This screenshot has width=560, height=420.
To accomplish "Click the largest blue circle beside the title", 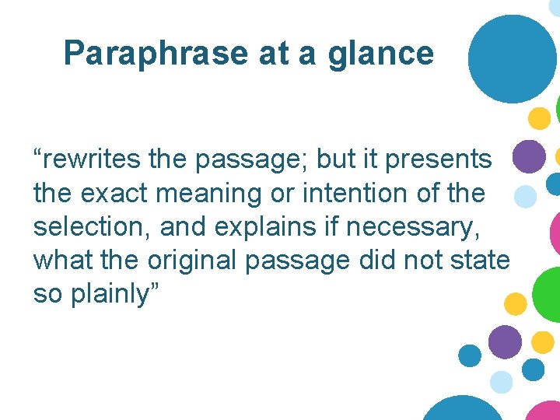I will pos(513,59).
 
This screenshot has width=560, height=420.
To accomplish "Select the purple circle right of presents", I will pos(530,156).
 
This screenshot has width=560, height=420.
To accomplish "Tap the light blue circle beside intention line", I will pos(526,196).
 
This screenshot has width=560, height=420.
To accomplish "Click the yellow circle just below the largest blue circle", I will pos(538,118).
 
